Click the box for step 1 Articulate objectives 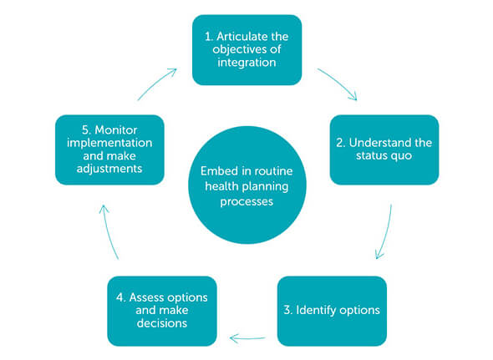pos(246,50)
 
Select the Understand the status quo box pos(384,150)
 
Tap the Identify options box pos(332,311)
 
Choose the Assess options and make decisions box pos(162,311)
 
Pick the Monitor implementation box pos(109,150)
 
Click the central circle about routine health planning pos(247,185)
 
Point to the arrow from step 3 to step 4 pos(248,338)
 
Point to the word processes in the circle pos(246,201)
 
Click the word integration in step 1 pos(246,63)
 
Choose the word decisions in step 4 pos(162,323)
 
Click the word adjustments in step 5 pos(109,170)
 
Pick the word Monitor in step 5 pos(115,129)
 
